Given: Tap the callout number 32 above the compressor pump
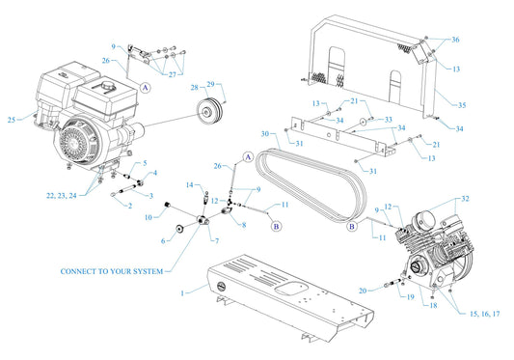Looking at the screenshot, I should click(x=467, y=198).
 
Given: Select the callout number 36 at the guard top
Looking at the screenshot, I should click(x=455, y=40).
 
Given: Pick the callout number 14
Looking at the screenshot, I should click(x=189, y=184).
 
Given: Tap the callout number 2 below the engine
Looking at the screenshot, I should click(x=115, y=206).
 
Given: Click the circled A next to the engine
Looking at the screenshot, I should click(x=146, y=87).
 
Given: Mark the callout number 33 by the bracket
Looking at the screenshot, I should click(x=389, y=120).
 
